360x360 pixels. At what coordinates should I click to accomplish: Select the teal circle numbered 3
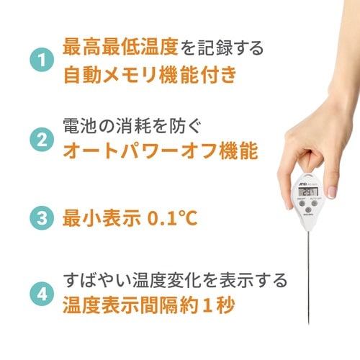tap(42, 217)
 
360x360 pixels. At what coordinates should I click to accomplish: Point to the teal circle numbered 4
tap(42, 293)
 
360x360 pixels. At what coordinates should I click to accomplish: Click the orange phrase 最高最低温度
tap(114, 49)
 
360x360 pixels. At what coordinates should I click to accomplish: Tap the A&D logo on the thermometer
tap(300, 184)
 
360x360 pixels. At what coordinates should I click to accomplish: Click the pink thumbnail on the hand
tap(332, 191)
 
